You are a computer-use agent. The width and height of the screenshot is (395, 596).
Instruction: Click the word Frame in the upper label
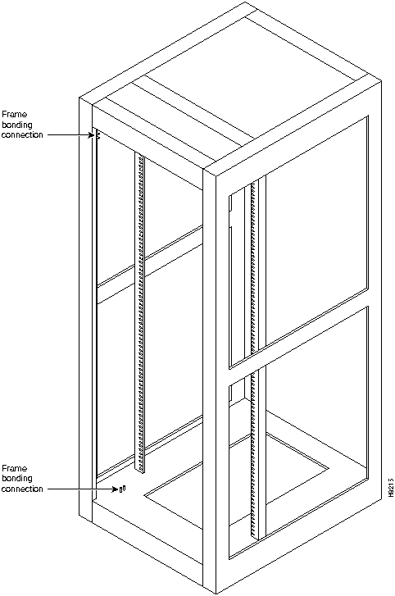tap(15, 114)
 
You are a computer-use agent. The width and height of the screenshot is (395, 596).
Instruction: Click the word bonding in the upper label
tap(17, 125)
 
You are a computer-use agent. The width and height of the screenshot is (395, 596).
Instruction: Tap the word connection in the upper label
tap(22, 135)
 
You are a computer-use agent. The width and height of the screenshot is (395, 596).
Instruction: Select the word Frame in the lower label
tap(15, 468)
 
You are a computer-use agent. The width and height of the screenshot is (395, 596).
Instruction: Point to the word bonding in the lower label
tap(17, 479)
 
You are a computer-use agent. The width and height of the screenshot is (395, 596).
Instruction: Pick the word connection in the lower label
tap(22, 489)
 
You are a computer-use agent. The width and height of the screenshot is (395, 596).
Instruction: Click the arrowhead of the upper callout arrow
tap(91, 135)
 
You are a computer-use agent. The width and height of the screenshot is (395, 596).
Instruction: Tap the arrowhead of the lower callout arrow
tap(116, 489)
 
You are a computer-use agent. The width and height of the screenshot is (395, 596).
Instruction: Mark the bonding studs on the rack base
tap(122, 489)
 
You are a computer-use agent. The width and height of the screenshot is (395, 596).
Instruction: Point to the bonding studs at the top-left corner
tap(98, 135)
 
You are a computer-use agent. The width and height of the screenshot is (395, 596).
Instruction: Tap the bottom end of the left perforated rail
tap(140, 471)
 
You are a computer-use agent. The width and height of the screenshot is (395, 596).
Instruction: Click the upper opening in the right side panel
tap(298, 243)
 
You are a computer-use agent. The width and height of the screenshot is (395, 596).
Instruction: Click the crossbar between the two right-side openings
tap(298, 338)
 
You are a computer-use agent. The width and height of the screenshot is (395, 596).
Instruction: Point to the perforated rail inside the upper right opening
tap(254, 266)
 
